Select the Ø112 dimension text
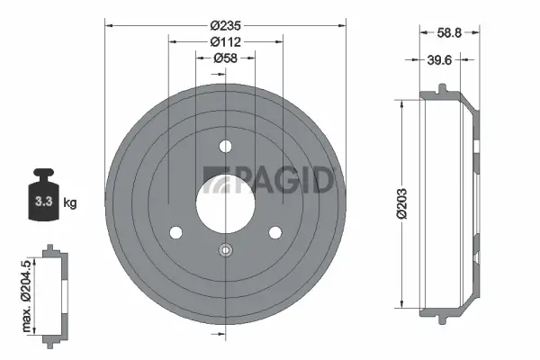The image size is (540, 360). (x=223, y=42)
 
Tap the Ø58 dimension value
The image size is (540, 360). (x=225, y=58)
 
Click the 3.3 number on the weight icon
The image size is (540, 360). (x=41, y=201)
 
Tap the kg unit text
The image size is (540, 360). (x=70, y=202)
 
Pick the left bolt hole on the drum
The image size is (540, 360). (x=175, y=233)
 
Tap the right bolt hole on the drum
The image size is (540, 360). (x=274, y=233)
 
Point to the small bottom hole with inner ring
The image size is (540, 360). (x=225, y=251)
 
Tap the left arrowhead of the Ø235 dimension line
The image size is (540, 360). (x=110, y=26)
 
